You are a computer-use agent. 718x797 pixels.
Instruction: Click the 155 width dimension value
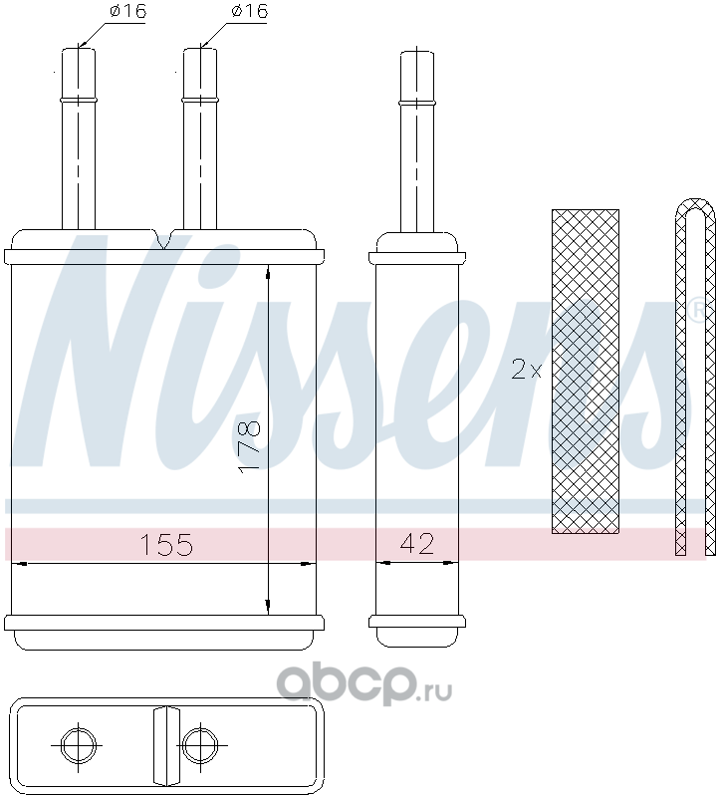tap(166, 544)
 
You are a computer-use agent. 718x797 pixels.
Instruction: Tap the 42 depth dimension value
tap(417, 543)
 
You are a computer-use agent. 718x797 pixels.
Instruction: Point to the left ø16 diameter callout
tap(127, 11)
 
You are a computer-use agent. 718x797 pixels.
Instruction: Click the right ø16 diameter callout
tap(249, 11)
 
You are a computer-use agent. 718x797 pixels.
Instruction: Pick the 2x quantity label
tap(527, 370)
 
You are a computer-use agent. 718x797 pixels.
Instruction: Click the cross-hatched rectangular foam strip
tap(586, 372)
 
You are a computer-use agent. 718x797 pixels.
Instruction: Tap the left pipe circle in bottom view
tap(78, 745)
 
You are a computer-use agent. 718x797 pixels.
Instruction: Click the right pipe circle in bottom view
tap(200, 745)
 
